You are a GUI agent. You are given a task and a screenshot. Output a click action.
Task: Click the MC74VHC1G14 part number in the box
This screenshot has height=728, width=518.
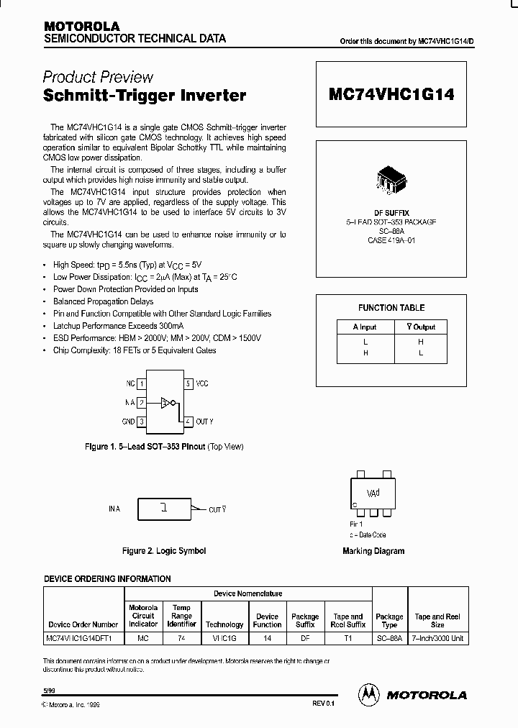click(391, 94)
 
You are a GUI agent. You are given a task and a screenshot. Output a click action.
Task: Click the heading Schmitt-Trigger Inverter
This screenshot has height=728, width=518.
click(145, 95)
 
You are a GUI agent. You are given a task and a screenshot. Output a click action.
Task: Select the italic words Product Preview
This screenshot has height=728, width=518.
click(98, 78)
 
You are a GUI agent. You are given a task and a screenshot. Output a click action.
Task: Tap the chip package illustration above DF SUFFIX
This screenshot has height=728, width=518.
click(391, 180)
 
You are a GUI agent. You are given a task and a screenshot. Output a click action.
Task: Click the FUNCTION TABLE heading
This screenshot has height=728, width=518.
click(391, 308)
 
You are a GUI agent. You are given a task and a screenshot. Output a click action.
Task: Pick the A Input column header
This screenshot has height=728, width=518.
click(365, 327)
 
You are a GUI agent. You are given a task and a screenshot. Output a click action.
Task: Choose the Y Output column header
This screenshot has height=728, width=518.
click(420, 327)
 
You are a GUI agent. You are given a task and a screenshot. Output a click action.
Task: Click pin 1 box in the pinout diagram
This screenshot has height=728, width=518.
click(142, 384)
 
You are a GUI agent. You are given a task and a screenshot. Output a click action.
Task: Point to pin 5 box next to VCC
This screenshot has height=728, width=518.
click(188, 384)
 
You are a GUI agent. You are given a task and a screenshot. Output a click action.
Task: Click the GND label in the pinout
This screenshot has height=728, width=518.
click(127, 422)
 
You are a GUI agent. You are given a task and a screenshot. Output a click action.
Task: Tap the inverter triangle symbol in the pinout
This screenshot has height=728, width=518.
click(165, 403)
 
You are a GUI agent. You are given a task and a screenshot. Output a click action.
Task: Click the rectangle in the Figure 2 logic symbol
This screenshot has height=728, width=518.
click(165, 509)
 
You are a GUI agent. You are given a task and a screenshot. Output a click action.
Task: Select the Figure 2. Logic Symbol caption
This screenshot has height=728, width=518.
click(164, 551)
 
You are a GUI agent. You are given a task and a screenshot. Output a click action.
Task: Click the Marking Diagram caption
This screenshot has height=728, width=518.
click(373, 551)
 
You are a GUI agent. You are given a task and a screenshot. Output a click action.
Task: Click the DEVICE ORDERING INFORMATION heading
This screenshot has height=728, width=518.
click(108, 578)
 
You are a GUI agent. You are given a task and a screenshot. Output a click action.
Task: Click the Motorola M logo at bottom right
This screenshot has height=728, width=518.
click(370, 694)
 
